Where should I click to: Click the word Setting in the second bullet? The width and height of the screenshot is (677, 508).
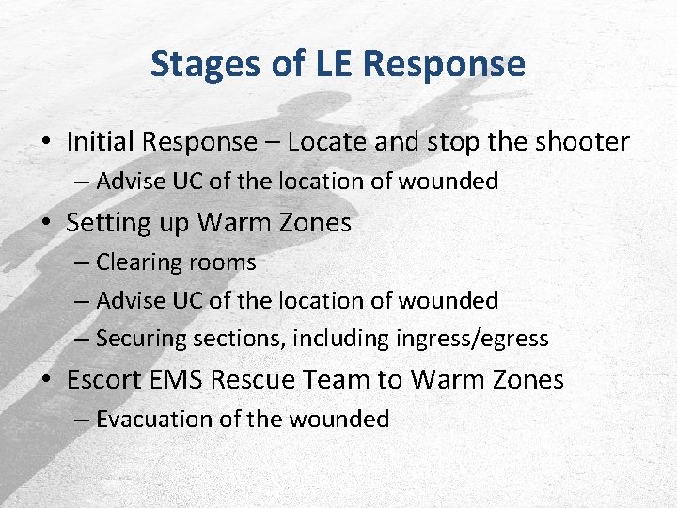(x=107, y=223)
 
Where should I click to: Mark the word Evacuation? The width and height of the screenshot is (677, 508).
(x=154, y=419)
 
